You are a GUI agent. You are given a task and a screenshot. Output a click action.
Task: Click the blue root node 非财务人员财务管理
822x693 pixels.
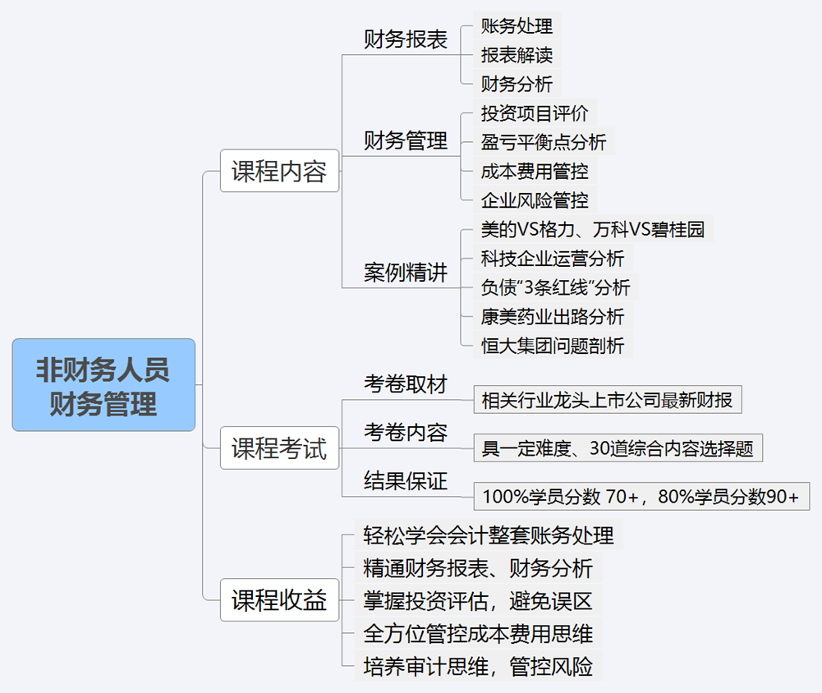(103, 385)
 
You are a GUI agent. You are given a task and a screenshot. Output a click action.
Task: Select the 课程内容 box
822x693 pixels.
(279, 171)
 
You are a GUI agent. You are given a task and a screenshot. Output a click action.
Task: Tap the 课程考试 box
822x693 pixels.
(279, 448)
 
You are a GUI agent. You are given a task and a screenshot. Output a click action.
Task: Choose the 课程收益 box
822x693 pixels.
(279, 599)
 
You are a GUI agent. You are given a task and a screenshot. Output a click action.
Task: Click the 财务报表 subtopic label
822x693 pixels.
(405, 40)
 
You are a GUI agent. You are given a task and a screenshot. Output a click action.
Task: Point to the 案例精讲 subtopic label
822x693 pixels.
(405, 273)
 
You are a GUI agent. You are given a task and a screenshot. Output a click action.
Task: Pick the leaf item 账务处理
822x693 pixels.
(517, 25)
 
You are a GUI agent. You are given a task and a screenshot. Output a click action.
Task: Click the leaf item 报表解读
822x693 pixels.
(517, 54)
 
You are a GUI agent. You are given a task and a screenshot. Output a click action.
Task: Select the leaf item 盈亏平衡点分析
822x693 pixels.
(544, 141)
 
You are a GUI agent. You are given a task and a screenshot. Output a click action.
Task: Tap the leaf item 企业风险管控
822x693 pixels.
(535, 200)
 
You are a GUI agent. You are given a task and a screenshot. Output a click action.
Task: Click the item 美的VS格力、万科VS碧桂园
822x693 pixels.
(593, 229)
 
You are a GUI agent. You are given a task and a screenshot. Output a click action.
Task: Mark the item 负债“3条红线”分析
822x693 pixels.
(556, 287)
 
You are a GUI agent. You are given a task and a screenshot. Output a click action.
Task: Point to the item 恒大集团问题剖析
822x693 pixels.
(553, 346)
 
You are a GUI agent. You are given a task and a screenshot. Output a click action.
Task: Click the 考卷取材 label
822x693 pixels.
(405, 384)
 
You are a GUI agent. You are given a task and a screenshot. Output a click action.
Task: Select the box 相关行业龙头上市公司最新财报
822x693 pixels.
(608, 400)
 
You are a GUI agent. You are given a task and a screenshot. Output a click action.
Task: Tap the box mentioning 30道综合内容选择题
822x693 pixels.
(618, 448)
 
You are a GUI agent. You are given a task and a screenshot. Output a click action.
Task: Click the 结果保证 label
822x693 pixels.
(405, 481)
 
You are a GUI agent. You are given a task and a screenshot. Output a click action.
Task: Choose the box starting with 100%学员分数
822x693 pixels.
(641, 497)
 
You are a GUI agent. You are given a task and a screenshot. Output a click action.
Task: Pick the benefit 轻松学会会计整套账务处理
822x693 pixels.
(489, 535)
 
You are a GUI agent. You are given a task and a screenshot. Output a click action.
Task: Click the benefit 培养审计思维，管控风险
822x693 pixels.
(478, 666)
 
